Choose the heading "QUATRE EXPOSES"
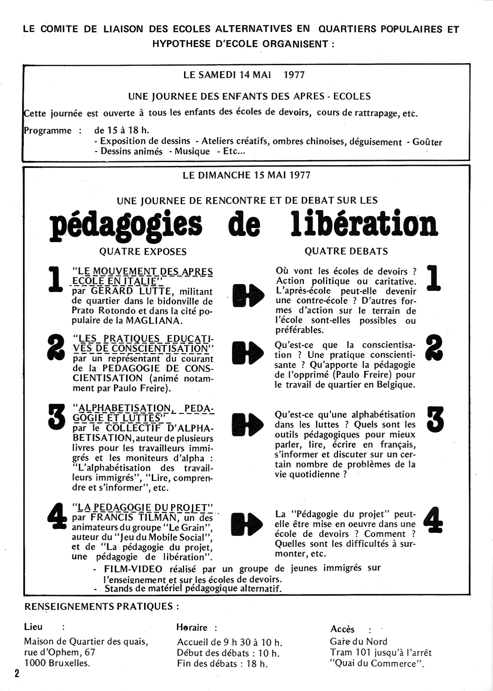tap(143, 251)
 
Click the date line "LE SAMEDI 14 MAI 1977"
tap(244, 75)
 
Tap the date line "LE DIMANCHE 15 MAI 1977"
tap(246, 175)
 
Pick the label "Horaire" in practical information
tap(192, 627)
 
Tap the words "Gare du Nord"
tap(359, 641)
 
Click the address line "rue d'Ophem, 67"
tap(60, 652)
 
